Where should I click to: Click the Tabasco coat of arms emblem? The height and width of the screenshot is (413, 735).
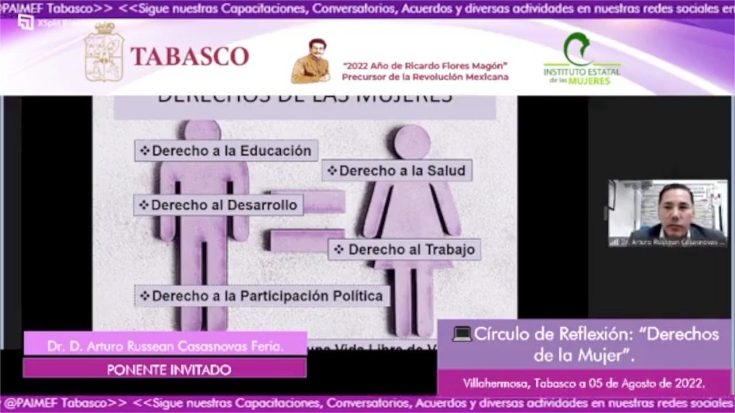tap(104, 52)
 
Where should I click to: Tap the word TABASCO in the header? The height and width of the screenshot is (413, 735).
tap(190, 56)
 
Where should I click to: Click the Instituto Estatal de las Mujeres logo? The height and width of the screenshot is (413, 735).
tap(582, 59)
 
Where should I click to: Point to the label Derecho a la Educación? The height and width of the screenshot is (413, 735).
tap(226, 151)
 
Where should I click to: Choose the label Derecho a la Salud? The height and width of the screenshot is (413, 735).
tap(397, 170)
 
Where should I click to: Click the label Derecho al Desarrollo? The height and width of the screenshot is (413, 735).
tap(219, 205)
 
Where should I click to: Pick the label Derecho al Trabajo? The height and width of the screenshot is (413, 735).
tap(404, 250)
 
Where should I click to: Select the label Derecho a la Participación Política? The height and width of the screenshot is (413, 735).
tap(262, 296)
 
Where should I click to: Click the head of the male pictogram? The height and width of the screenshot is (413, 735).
tap(202, 129)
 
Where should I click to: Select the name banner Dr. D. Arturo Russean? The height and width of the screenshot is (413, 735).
tap(165, 346)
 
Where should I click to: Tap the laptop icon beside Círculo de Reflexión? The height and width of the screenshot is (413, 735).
tap(462, 334)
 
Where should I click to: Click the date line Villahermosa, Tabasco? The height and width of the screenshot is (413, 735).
tap(584, 383)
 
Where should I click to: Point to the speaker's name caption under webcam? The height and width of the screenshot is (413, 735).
tap(668, 243)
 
